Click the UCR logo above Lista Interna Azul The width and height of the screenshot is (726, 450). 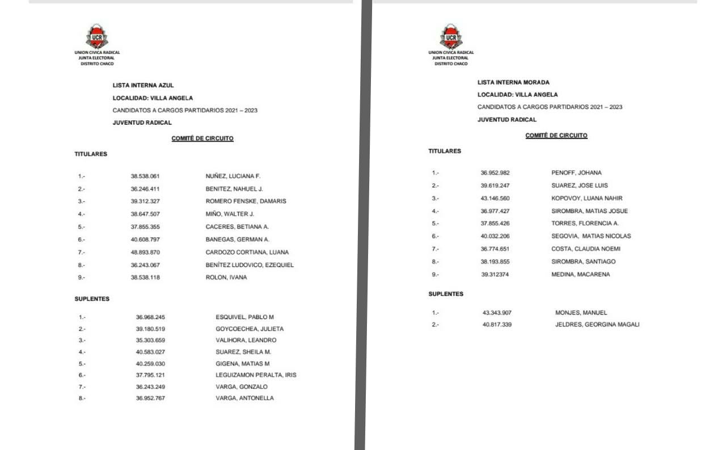click(97, 36)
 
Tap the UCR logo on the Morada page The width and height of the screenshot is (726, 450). click(451, 36)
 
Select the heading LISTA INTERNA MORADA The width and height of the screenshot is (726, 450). click(513, 82)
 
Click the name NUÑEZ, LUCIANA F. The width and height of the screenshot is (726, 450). click(233, 176)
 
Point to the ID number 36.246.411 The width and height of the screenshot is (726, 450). click(145, 189)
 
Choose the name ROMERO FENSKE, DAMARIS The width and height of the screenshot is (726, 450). click(246, 201)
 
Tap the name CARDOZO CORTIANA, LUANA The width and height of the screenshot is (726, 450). click(247, 252)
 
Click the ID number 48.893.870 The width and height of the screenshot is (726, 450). click(145, 252)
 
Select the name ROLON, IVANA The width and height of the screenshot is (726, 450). click(226, 278)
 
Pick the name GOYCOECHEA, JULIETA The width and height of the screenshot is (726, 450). click(250, 329)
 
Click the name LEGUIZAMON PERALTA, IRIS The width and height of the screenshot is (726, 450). click(256, 375)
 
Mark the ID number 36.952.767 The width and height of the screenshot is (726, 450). click(150, 398)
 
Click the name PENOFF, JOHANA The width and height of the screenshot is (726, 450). click(576, 173)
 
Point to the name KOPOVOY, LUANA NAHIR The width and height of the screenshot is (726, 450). click(586, 198)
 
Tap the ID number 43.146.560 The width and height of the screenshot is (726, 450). click(495, 198)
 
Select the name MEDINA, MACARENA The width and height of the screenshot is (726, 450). click(581, 275)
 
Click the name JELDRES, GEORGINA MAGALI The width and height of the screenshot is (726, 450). click(597, 325)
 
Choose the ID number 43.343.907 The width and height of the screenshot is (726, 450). click(497, 313)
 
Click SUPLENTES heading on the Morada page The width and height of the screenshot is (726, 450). click(446, 294)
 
